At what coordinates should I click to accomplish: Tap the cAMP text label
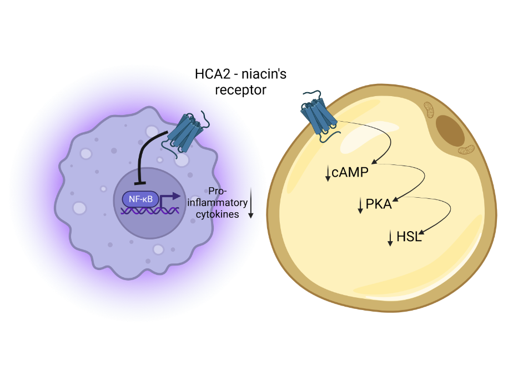[350, 173]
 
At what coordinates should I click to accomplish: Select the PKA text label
[379, 204]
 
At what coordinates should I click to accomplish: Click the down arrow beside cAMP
[328, 174]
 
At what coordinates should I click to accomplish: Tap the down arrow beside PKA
[360, 206]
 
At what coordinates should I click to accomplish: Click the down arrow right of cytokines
[250, 203]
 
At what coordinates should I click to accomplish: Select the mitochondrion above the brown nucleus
[430, 109]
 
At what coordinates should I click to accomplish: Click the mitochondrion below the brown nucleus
[466, 150]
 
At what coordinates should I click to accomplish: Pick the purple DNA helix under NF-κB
[147, 211]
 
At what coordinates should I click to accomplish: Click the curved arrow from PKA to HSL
[444, 214]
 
